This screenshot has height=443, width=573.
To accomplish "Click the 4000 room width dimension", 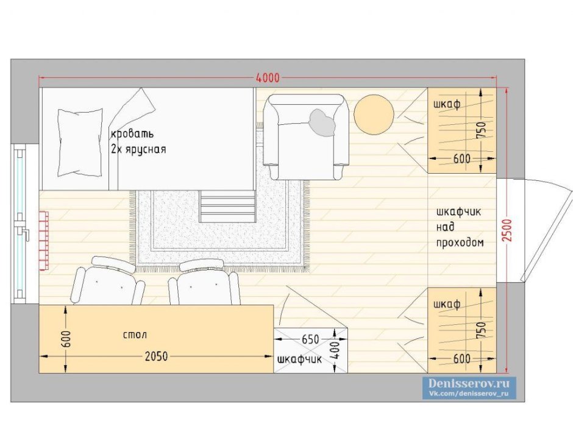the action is pos(268,78).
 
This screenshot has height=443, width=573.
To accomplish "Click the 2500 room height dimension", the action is pos(507,230).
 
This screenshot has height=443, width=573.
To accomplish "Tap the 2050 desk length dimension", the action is pos(156,356).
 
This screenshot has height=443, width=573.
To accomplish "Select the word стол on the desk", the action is pos(135,335).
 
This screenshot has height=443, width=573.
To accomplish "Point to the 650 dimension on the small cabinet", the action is pos(310,339).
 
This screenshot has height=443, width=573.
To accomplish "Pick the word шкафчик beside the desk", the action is pos(300,360).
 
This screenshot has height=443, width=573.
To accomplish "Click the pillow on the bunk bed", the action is pos(80,142).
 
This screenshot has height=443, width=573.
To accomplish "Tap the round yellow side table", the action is pos(374,114).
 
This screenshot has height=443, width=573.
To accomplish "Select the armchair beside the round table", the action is pos(306,136).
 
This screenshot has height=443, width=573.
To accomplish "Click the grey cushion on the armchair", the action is pos(322,122).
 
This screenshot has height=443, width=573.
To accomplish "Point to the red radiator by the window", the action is pos(43,241).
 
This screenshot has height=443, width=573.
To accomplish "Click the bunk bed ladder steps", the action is pos(227,206).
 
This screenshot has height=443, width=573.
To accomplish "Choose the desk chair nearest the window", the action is pos(109,280).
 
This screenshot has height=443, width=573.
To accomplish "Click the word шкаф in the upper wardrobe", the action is pos(447,104).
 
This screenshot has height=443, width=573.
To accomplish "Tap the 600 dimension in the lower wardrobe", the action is pos(461,359).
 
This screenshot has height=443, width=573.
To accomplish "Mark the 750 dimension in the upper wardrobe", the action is pos(482,130).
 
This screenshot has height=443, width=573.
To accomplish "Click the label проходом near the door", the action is pos(460,243).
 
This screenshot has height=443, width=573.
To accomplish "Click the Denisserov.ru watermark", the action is pos(469,383).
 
